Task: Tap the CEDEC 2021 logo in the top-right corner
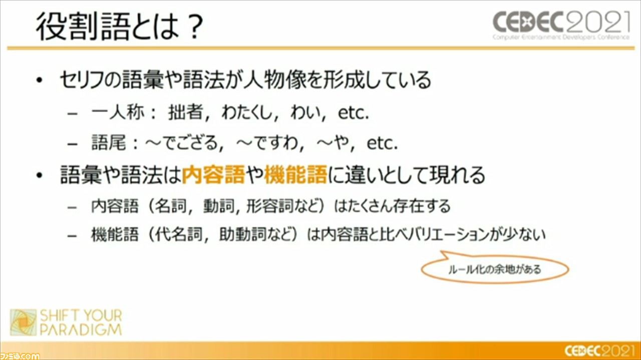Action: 561,25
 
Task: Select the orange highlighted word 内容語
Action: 213,174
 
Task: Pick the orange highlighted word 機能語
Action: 295,174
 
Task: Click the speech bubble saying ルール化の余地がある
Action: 495,269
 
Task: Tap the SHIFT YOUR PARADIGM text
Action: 81,322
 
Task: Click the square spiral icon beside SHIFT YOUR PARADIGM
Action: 23,322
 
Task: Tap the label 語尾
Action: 109,143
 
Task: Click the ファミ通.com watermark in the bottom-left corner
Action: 20,356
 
